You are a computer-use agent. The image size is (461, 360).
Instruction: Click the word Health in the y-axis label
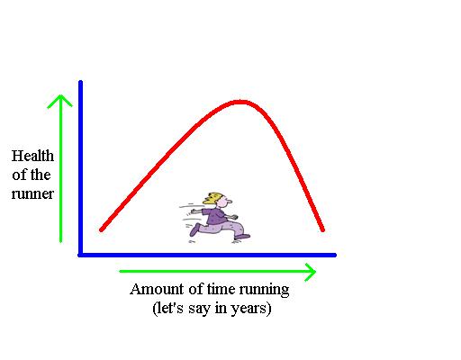point(32,156)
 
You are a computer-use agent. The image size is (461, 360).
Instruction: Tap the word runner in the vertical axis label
point(32,193)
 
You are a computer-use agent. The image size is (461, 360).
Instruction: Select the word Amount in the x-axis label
point(157,289)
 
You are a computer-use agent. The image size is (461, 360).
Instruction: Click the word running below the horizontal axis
point(264,291)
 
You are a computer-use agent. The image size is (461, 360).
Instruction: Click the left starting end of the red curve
point(102,229)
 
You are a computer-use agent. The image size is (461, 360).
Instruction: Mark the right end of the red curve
point(323,230)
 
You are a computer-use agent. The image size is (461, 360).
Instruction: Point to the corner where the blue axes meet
point(80,256)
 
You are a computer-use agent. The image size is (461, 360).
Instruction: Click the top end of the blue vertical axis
point(80,82)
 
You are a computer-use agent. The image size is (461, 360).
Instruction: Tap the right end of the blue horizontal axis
point(335,256)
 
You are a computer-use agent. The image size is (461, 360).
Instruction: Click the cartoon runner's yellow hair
point(212,198)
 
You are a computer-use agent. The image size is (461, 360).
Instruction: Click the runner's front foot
point(242,237)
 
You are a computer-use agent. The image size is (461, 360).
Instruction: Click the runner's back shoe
point(194,229)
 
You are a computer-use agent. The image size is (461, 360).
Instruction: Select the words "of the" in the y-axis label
point(32,175)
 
